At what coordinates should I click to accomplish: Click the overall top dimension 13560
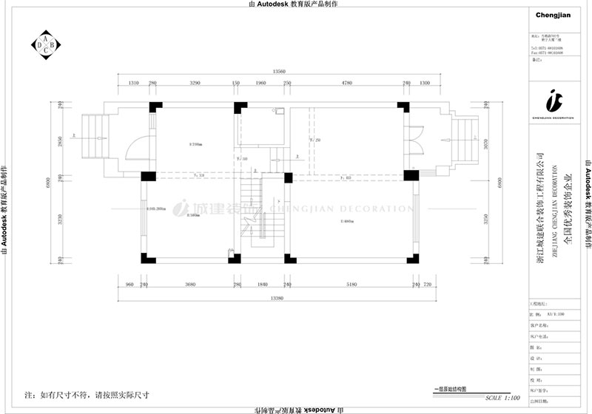tap(279, 72)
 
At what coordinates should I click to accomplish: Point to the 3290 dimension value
tap(195, 84)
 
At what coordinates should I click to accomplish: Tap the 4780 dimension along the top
tap(346, 84)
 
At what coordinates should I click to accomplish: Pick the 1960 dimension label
tap(260, 84)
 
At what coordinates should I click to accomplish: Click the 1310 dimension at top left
tap(134, 84)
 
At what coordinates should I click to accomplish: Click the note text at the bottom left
tap(87, 394)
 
